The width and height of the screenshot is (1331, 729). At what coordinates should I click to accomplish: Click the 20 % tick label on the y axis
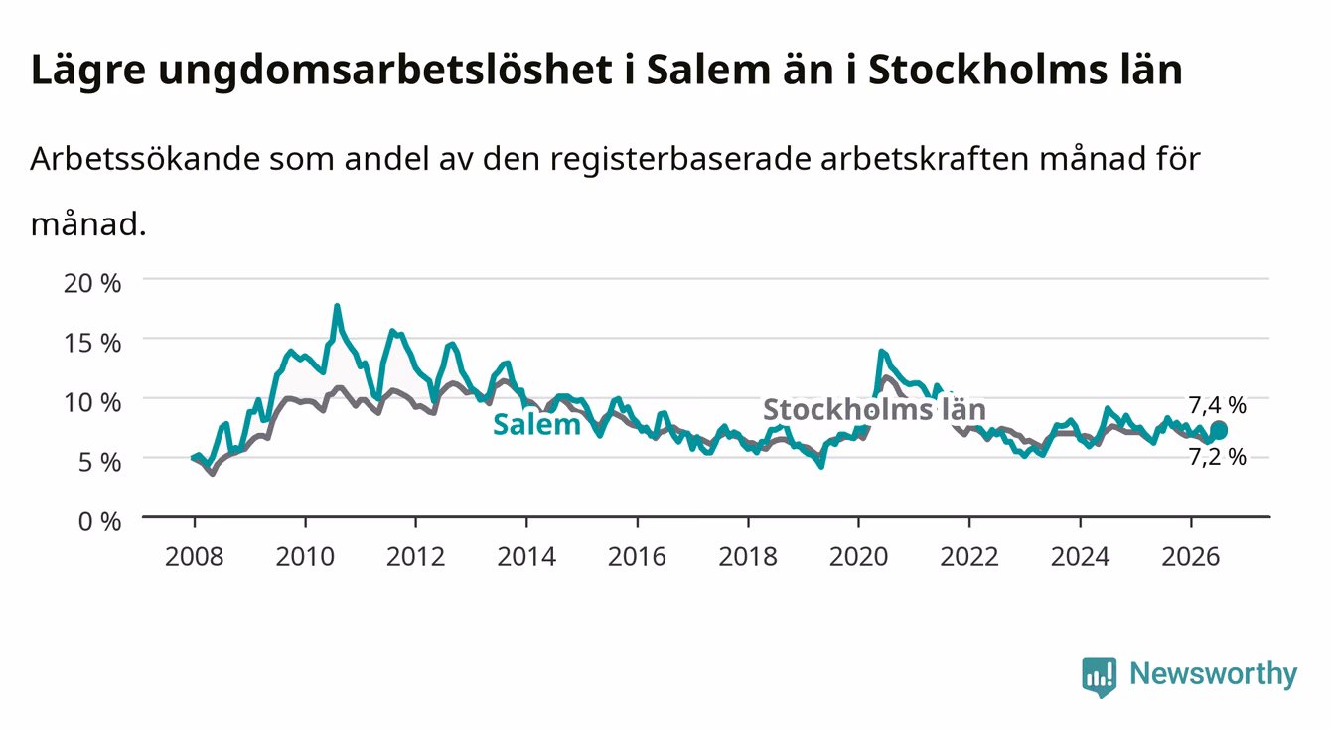[92, 283]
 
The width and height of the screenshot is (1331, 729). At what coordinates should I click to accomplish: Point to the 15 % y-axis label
[92, 343]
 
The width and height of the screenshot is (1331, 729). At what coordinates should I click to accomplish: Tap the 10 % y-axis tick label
[92, 403]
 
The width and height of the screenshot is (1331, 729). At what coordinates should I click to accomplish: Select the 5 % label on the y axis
[99, 462]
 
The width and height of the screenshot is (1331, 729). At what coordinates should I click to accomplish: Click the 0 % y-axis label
[99, 522]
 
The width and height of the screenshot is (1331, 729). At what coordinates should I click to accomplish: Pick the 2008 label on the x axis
[195, 557]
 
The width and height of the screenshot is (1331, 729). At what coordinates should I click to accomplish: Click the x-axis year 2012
[416, 557]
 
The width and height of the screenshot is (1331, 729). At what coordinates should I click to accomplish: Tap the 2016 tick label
[637, 557]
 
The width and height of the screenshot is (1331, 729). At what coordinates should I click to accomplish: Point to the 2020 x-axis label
[858, 557]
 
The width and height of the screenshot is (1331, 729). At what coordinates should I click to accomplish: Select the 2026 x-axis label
[1191, 557]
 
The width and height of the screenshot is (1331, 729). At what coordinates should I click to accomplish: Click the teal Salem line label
[536, 425]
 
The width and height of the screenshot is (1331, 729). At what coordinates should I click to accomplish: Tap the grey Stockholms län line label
[874, 409]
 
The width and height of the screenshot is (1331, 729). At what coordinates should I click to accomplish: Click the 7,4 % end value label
[1218, 405]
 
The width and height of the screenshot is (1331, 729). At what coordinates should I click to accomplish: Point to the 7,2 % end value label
[1218, 457]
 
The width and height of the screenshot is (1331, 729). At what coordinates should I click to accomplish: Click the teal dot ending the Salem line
[1219, 430]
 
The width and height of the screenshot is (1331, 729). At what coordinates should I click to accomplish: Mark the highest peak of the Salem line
[337, 306]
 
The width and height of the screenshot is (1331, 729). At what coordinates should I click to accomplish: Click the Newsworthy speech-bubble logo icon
[1100, 677]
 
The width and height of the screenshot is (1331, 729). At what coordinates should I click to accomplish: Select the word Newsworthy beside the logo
[1214, 674]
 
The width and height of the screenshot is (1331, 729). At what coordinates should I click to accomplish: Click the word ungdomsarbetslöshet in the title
[385, 71]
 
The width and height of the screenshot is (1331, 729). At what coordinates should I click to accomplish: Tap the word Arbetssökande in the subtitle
[146, 159]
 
